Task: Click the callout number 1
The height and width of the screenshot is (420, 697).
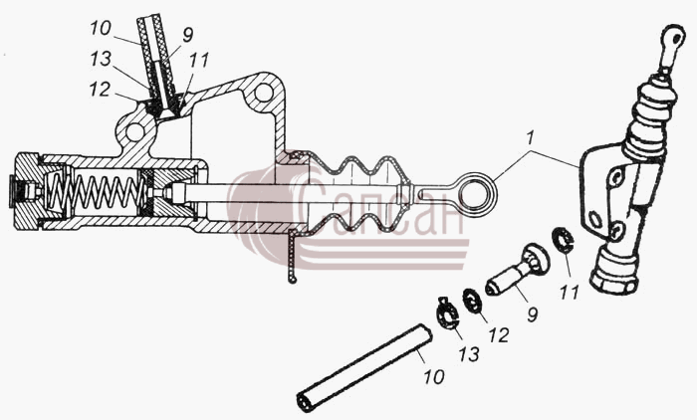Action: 529,138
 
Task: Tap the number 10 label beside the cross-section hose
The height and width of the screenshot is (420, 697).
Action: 100,29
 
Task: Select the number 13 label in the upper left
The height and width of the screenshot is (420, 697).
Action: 101,59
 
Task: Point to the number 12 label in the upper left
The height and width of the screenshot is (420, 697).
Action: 100,89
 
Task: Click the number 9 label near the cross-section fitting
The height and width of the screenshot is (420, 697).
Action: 187,35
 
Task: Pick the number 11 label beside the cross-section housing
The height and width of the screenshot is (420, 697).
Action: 199,61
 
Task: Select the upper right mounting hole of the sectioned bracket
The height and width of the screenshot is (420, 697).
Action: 264,93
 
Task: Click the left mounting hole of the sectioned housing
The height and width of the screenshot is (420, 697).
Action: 134,132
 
